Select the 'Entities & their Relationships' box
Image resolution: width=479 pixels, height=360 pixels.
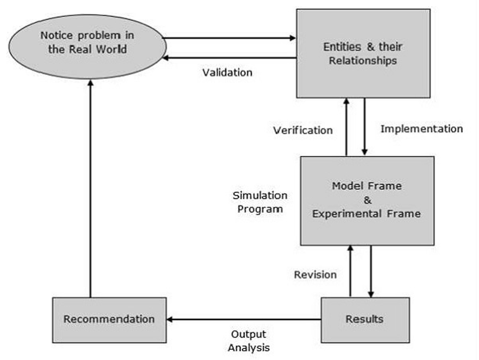(x=363, y=54)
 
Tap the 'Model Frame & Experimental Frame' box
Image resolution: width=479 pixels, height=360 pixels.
(x=367, y=200)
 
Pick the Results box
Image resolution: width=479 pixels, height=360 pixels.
(x=365, y=320)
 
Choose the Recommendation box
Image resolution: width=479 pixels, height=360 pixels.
(x=109, y=320)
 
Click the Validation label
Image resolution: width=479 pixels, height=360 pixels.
(x=227, y=72)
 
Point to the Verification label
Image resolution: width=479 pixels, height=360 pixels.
(x=302, y=130)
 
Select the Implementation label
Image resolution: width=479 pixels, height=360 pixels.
(x=421, y=128)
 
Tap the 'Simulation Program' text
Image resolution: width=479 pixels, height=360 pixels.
(x=260, y=202)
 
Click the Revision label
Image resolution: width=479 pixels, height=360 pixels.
(x=315, y=275)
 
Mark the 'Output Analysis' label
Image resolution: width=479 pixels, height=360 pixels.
(x=249, y=341)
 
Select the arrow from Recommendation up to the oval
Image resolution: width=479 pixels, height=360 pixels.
(x=90, y=189)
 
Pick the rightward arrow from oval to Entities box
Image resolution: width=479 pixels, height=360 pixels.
(x=230, y=38)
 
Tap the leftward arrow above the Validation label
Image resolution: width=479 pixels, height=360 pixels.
(x=230, y=58)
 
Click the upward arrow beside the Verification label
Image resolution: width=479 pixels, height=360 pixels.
(x=346, y=127)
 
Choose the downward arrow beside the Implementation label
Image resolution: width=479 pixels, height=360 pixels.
(x=364, y=127)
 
